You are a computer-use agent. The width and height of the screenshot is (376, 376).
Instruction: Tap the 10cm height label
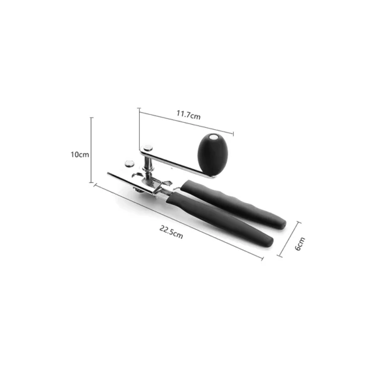coord(79,154)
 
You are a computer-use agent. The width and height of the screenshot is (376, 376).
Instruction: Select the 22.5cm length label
coord(171,232)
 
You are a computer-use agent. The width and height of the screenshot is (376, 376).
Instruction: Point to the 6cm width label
coord(300,244)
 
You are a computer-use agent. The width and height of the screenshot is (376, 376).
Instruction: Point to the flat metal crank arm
coord(175,161)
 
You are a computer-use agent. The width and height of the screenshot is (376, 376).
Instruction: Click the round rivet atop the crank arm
coord(147,149)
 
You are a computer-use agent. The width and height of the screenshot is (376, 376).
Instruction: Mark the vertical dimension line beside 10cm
coord(92,150)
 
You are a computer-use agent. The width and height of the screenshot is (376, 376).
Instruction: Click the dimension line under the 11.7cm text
coord(185,123)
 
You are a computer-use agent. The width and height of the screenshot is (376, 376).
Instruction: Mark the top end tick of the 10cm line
coord(92,117)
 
